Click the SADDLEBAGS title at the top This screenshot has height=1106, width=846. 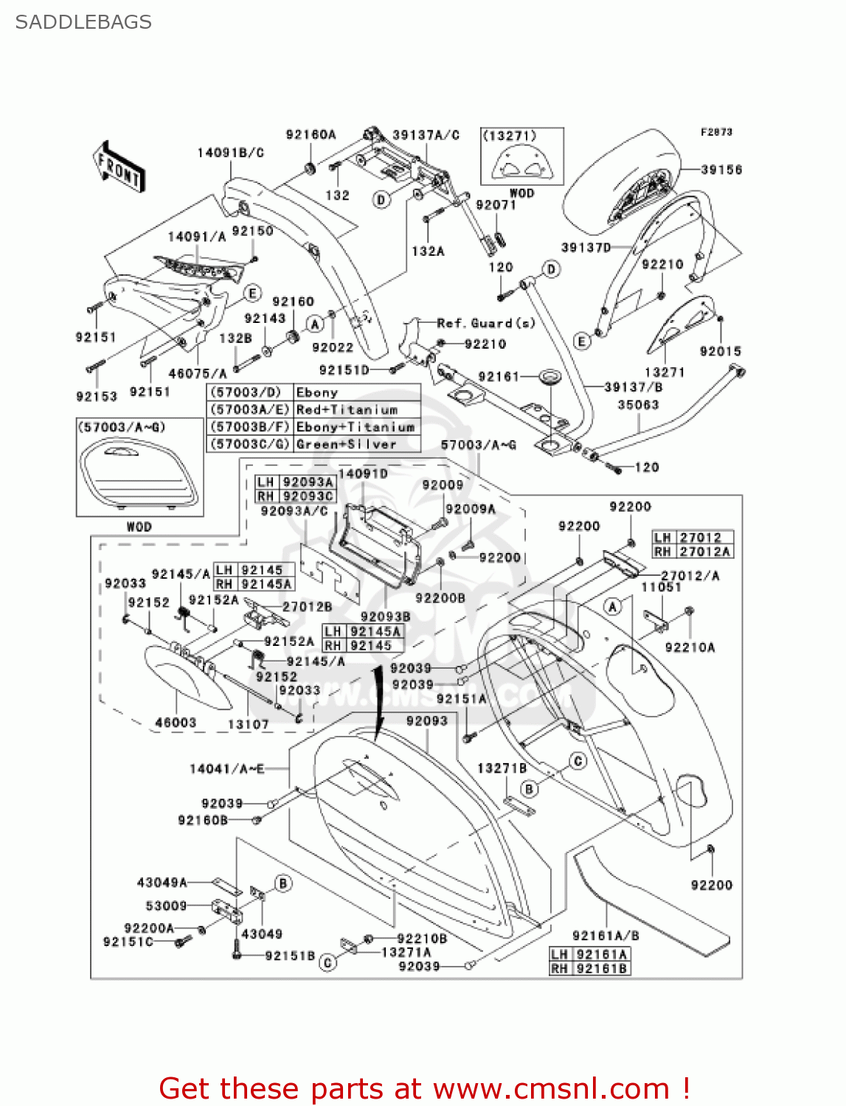click(x=83, y=22)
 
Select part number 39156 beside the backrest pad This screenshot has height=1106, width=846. click(x=721, y=170)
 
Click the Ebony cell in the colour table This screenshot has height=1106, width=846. click(x=317, y=392)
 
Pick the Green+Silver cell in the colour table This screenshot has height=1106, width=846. click(x=346, y=445)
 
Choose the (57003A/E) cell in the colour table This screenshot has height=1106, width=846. click(x=250, y=410)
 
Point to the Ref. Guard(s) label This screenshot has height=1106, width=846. click(x=485, y=323)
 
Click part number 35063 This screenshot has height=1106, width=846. click(x=638, y=405)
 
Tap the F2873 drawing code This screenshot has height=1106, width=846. click(x=716, y=132)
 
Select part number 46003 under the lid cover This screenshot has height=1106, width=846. click(x=176, y=723)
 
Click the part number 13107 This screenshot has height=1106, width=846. click(x=248, y=724)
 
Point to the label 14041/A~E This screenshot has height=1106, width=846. click(x=226, y=769)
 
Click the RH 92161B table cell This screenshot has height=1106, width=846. click(x=589, y=968)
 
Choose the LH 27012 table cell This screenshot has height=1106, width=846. click(x=692, y=538)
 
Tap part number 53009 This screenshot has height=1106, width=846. click(x=166, y=905)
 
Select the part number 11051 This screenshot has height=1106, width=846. click(x=661, y=587)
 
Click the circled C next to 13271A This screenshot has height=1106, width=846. click(x=328, y=962)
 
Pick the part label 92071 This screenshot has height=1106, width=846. click(x=496, y=205)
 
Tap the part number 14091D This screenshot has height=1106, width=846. click(x=363, y=473)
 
